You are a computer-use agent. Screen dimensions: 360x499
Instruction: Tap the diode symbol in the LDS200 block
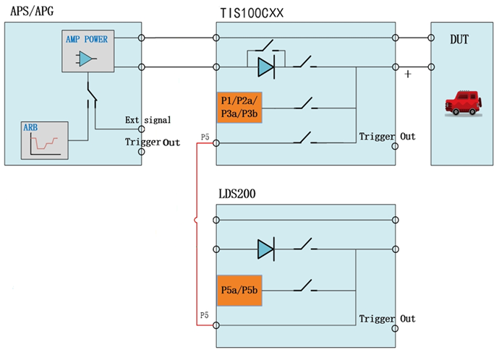(x=265, y=250)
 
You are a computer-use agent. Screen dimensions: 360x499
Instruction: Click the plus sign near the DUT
(x=409, y=74)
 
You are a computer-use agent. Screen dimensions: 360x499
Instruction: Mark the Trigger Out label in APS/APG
(x=152, y=142)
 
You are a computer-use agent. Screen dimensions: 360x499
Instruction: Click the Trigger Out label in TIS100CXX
(x=387, y=137)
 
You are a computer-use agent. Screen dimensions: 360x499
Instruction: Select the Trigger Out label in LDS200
(x=387, y=319)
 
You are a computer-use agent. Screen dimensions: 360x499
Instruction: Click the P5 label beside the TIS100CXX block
(x=205, y=134)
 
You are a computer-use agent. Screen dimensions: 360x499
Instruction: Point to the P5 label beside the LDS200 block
(x=205, y=317)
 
